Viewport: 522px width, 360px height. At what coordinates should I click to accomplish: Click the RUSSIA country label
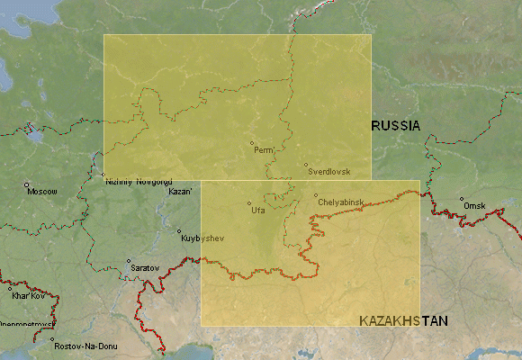(x=396, y=127)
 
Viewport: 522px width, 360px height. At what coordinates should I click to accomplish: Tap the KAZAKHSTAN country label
(x=403, y=320)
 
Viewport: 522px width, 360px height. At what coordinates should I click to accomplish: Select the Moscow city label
(x=42, y=192)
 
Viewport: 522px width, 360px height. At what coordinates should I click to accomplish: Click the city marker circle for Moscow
(x=27, y=185)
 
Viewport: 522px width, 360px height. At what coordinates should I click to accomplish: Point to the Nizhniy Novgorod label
(x=139, y=181)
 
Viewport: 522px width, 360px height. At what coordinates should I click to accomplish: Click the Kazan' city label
(x=181, y=192)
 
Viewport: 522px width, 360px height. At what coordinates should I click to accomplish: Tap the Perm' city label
(x=264, y=149)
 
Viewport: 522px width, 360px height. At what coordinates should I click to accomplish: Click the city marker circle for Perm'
(x=252, y=142)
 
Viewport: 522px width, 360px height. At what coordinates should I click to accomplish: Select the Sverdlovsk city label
(x=328, y=170)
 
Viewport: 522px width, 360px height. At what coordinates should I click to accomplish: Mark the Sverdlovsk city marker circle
(x=305, y=164)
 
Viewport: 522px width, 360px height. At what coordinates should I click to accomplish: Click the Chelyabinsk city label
(x=341, y=202)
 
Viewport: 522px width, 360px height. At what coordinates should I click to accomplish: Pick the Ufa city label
(x=257, y=210)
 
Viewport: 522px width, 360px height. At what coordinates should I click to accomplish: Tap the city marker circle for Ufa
(x=249, y=202)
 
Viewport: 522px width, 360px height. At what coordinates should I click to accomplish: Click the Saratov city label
(x=145, y=268)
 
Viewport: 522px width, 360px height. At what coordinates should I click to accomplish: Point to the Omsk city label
(x=474, y=206)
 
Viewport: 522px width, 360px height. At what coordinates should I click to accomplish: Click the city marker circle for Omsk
(x=462, y=199)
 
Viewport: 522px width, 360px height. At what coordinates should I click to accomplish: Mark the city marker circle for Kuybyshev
(x=179, y=231)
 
